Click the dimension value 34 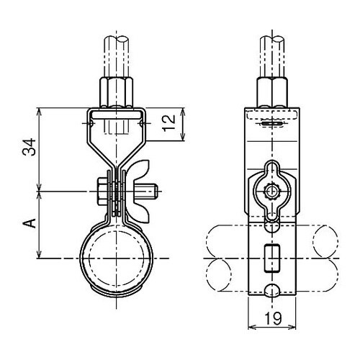click(x=30, y=147)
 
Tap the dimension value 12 click(x=169, y=123)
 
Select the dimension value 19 click(x=274, y=318)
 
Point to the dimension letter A click(x=30, y=223)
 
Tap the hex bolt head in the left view click(x=102, y=192)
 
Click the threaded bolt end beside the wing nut click(x=147, y=192)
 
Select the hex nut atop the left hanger click(x=116, y=92)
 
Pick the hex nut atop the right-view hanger click(x=272, y=92)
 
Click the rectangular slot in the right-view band click(x=272, y=258)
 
